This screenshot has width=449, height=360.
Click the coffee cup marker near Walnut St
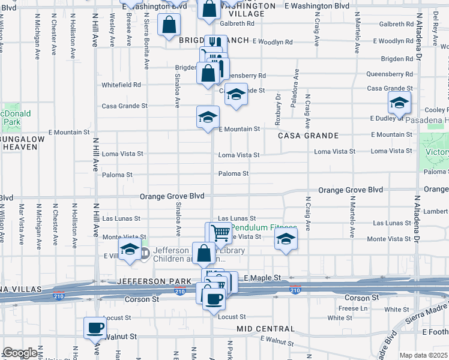95,328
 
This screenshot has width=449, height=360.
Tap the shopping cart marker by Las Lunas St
220,233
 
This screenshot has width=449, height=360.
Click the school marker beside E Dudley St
399,103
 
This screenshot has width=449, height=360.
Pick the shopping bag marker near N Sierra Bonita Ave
169,25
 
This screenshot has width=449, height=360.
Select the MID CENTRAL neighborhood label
265,329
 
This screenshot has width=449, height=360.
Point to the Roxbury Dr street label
278,109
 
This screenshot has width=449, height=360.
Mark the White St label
397,310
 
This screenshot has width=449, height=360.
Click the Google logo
20,353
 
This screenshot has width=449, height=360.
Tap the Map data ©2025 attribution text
423,355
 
